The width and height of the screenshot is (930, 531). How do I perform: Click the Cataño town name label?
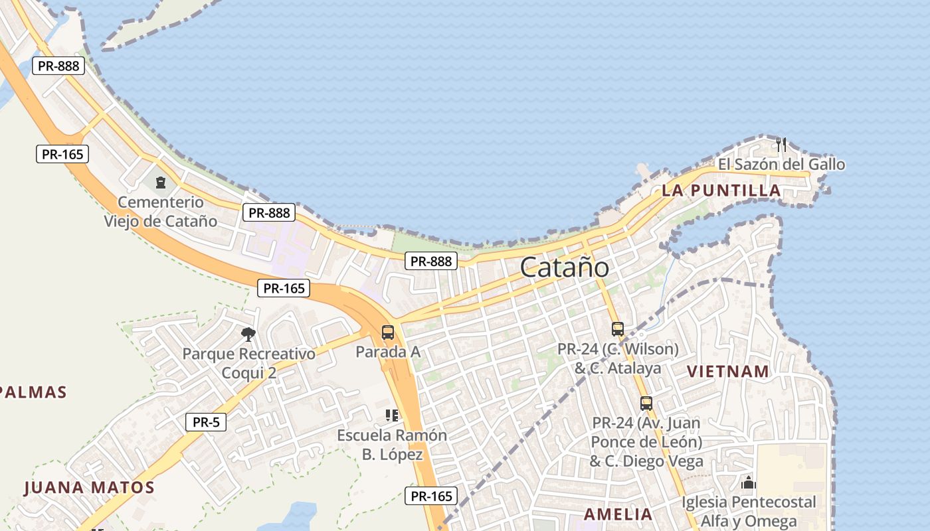pos(564,267)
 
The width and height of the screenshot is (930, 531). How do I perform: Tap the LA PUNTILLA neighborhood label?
pos(721,191)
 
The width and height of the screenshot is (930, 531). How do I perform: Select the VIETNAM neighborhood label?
pos(727,371)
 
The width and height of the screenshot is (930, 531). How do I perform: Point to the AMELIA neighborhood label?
pos(618,514)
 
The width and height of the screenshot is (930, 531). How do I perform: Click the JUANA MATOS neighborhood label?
pos(89,488)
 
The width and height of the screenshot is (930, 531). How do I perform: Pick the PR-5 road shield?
pos(206,421)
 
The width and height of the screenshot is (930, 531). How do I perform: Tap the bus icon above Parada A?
pos(388,333)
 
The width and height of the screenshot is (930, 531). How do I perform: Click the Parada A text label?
pos(388,352)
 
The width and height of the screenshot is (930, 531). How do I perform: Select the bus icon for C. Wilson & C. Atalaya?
pos(618,329)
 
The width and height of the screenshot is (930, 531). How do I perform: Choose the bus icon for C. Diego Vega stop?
pos(646,403)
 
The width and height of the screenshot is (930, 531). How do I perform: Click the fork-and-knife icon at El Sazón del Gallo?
pos(781,144)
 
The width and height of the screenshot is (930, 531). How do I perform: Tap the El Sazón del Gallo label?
pos(781,164)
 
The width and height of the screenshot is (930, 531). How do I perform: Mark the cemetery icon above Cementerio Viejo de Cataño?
pos(160,181)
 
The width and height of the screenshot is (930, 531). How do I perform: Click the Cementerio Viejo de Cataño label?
pos(160,211)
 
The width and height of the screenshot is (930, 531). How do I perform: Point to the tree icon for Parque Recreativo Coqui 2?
pos(248,334)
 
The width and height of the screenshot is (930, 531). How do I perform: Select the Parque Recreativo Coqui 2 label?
pos(248,363)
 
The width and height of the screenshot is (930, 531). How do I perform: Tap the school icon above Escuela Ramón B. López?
pos(392,416)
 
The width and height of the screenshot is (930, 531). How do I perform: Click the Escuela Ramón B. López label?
pos(392,445)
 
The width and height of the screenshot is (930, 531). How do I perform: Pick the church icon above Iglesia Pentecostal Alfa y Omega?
pos(749,483)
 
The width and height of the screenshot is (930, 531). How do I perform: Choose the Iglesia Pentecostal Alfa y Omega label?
pos(749,512)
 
